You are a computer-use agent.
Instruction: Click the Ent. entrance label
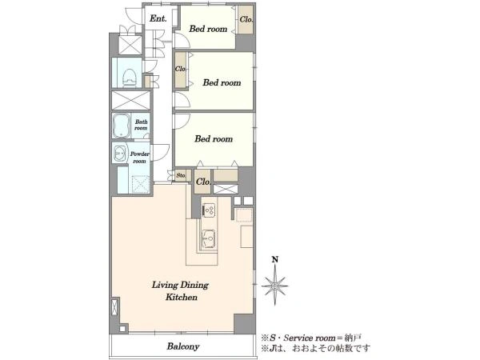[x=158, y=18]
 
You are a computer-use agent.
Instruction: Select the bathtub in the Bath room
[x=121, y=126]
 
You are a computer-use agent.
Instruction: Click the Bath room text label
[x=141, y=125]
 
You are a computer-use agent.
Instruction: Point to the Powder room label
[x=139, y=158]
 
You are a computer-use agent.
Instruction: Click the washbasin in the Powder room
[x=120, y=153]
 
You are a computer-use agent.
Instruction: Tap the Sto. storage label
[x=181, y=176]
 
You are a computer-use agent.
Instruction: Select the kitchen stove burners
[x=209, y=210]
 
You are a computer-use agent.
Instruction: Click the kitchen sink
[x=209, y=238]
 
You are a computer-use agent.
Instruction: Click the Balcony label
[x=183, y=346]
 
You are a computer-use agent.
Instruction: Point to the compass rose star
[x=274, y=286]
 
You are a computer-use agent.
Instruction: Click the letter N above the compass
[x=275, y=260]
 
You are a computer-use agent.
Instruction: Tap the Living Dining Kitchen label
[x=181, y=291]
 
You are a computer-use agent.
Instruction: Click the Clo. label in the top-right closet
[x=246, y=19]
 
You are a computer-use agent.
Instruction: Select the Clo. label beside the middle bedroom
[x=180, y=69]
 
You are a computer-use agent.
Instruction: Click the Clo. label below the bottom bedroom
[x=203, y=182]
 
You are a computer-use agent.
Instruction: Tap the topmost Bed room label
[x=208, y=29]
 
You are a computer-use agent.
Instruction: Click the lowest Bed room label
[x=214, y=138]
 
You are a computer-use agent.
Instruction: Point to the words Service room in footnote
[x=310, y=338]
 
